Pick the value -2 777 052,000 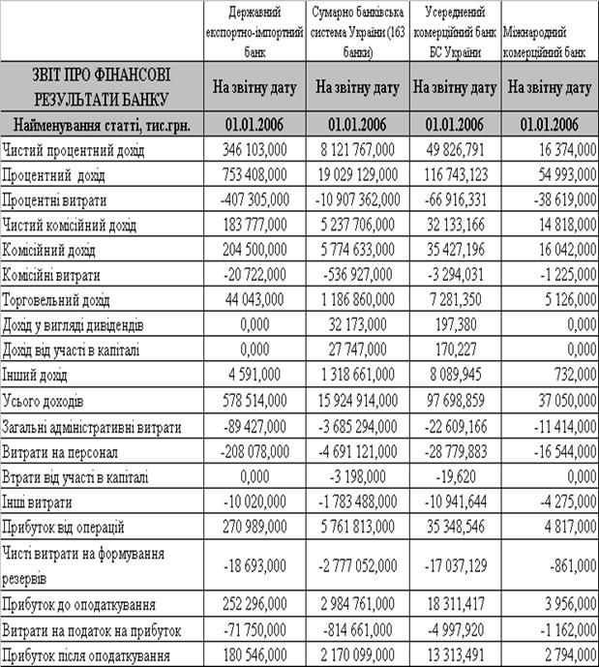tap(356, 566)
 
